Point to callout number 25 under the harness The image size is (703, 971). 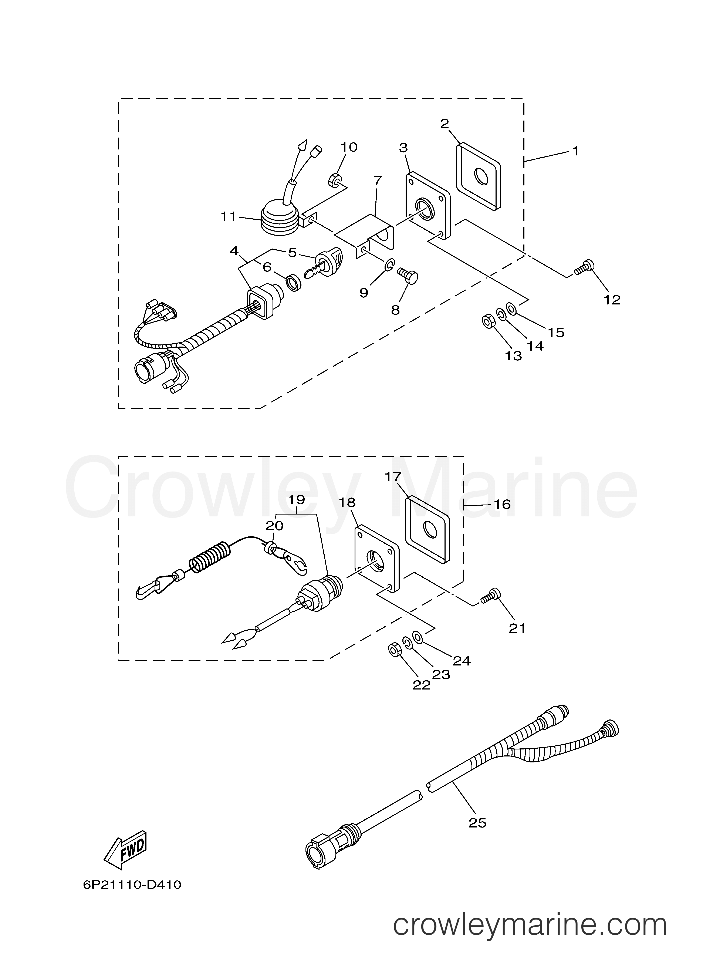477,823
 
